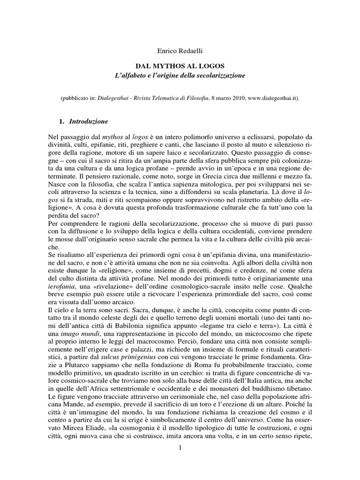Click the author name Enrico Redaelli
point(180,48)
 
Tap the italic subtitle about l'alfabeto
point(180,75)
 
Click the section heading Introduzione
point(89,121)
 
